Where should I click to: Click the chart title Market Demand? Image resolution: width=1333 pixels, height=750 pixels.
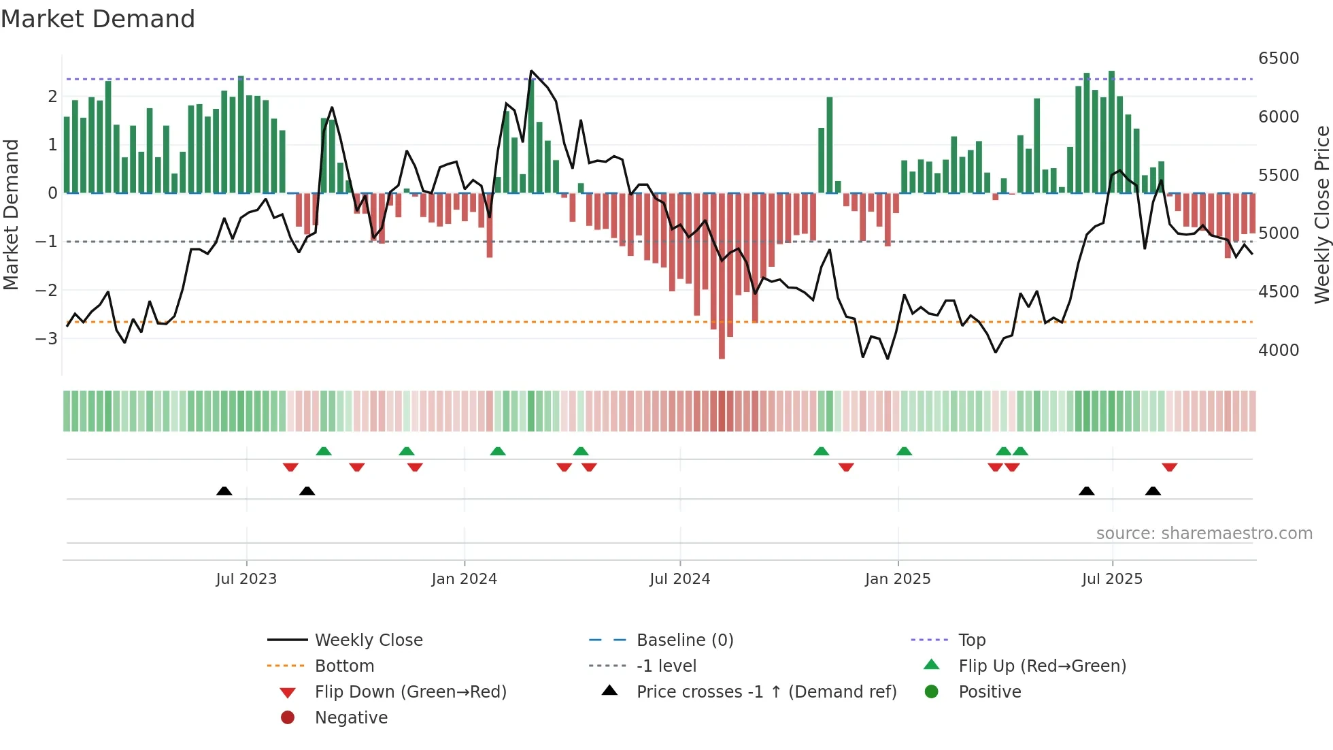click(98, 19)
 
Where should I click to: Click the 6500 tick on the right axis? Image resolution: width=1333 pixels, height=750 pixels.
click(1278, 59)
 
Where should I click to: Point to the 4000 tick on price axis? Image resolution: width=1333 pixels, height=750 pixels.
click(1278, 350)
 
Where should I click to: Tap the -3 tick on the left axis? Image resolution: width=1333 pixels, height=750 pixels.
click(46, 338)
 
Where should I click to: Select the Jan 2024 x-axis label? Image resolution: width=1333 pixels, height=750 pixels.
click(464, 579)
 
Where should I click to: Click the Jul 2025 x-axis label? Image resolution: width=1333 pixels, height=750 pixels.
click(1112, 579)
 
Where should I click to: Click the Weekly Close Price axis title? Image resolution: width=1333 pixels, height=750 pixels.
click(1321, 214)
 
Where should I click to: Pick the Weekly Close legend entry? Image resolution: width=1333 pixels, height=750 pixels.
click(368, 640)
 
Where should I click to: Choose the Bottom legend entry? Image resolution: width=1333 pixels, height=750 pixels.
click(344, 666)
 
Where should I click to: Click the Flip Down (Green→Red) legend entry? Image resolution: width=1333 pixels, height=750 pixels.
click(410, 692)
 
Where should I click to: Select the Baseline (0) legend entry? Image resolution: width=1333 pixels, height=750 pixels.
click(684, 640)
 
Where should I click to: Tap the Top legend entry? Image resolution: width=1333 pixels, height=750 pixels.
click(971, 640)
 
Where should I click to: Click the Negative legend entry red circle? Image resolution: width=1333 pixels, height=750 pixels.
click(288, 718)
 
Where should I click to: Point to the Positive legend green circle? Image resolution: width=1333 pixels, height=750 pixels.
click(932, 692)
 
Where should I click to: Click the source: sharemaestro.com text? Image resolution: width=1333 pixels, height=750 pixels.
click(1204, 534)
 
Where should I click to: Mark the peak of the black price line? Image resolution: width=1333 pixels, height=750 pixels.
click(531, 71)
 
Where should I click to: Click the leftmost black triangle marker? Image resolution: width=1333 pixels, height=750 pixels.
click(224, 491)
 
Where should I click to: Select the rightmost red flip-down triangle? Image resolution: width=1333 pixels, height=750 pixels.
click(1169, 467)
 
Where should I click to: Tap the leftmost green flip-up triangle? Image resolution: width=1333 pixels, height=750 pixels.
click(324, 451)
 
